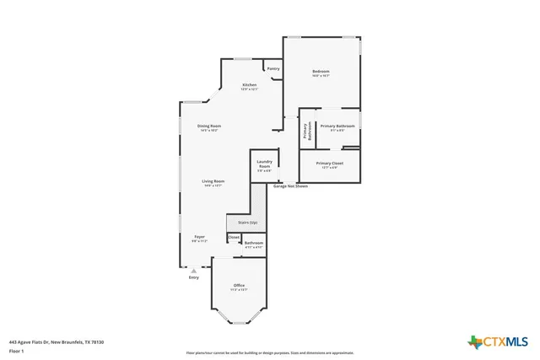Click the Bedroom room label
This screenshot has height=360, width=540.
[x=321, y=71]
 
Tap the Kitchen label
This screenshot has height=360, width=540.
[x=250, y=85]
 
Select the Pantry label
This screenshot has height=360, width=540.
[x=273, y=69]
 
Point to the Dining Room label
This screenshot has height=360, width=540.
[x=210, y=126]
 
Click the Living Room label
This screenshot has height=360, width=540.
[x=213, y=181]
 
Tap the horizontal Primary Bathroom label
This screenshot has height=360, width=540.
[x=337, y=126]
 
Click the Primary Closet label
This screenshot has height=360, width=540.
[x=329, y=163]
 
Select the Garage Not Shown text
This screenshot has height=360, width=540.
[x=290, y=186]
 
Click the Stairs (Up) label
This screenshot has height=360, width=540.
[x=247, y=223]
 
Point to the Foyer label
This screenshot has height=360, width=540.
[x=199, y=237]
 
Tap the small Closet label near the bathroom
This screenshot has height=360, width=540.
[x=234, y=237]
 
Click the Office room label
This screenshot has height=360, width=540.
[x=239, y=286]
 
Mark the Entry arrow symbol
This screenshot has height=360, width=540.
[x=193, y=271]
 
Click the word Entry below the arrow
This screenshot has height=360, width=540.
[x=193, y=277]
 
